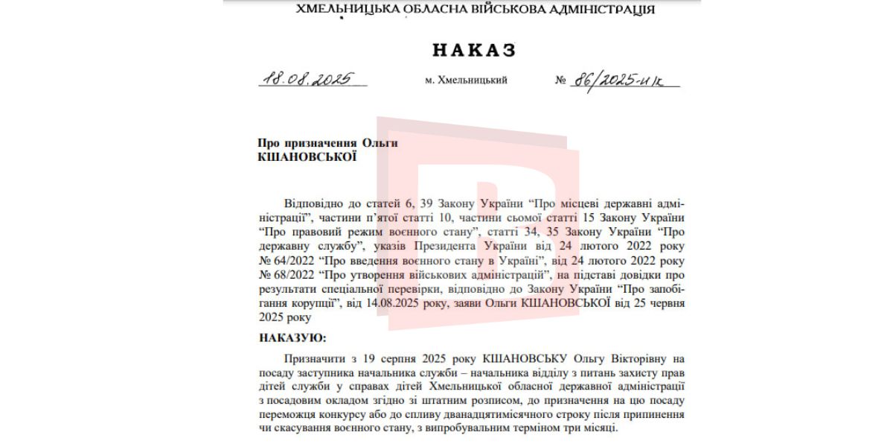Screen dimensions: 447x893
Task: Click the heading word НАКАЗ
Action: pos(474,50)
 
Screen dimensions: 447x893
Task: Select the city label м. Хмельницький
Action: pos(466,80)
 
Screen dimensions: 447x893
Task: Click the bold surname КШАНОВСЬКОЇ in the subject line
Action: pos(307,157)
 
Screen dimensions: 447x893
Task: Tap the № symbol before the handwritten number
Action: pos(560,80)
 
